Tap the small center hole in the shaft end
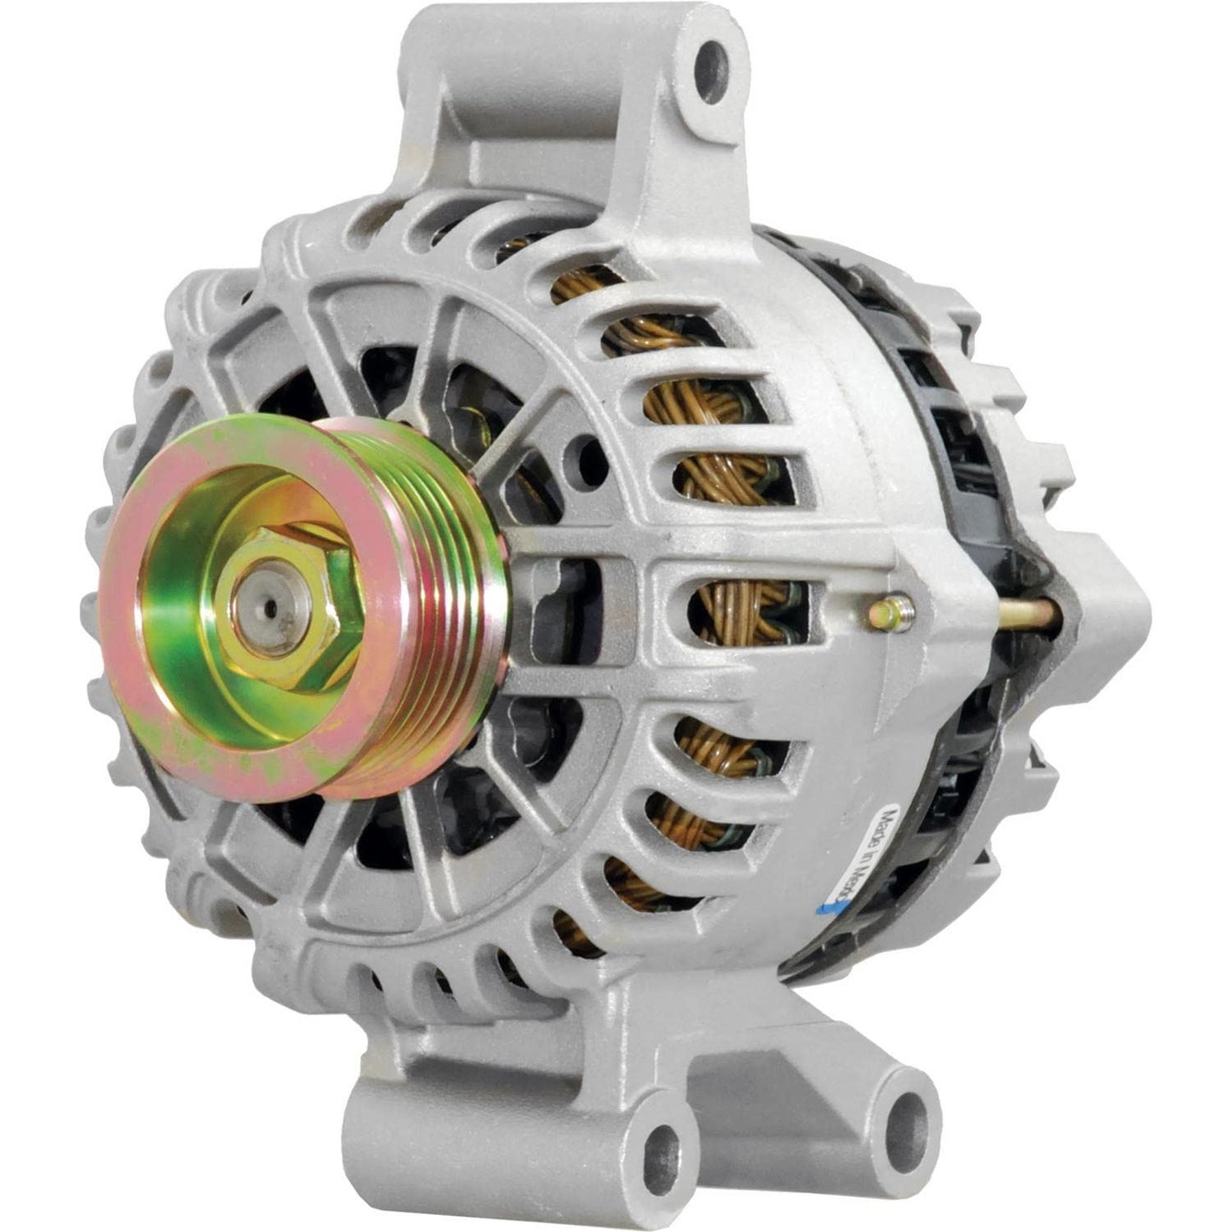click(x=270, y=608)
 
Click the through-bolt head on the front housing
click(x=891, y=609)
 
